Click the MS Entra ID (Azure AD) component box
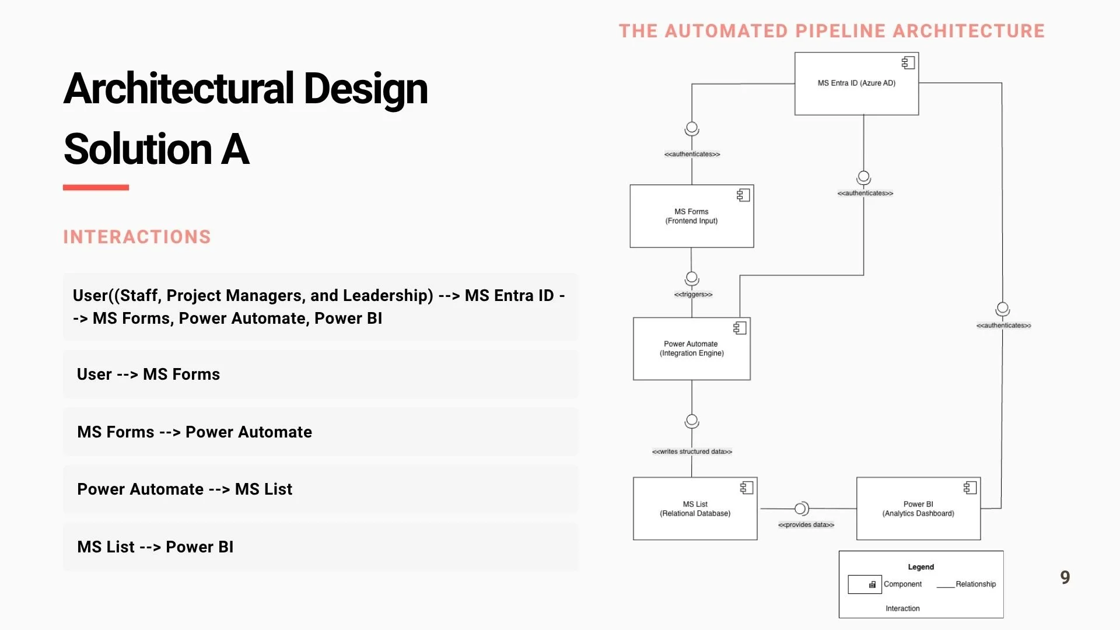click(856, 83)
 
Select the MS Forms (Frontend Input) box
click(691, 216)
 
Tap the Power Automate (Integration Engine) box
click(691, 348)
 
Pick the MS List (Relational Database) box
click(695, 509)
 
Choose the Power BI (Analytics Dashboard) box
click(918, 509)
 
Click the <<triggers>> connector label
click(693, 295)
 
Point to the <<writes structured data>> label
click(692, 452)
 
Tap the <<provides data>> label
click(806, 525)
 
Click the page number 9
click(1065, 577)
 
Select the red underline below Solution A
click(96, 187)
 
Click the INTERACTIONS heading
click(137, 237)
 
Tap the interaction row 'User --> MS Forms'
click(148, 374)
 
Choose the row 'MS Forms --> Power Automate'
click(194, 432)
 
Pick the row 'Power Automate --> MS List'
click(184, 489)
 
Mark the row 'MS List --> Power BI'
click(155, 547)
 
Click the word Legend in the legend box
click(921, 567)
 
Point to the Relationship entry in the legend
click(975, 584)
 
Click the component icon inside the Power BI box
click(970, 488)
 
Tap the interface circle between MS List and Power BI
click(801, 509)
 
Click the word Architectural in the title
click(178, 89)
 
